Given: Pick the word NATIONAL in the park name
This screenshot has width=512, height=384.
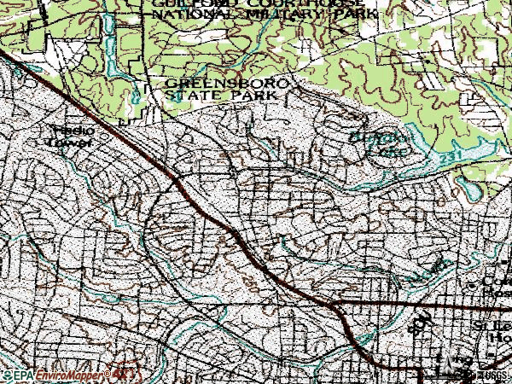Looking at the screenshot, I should pyautogui.click(x=183, y=15).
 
